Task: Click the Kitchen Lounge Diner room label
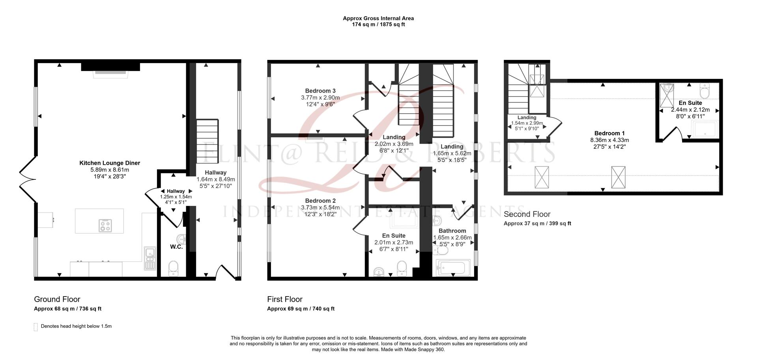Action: pyautogui.click(x=109, y=163)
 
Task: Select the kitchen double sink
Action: pyautogui.click(x=150, y=258)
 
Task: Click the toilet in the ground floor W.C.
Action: pyautogui.click(x=173, y=269)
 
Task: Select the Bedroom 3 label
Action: pyautogui.click(x=320, y=91)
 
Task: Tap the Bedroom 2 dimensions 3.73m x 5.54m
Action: pyautogui.click(x=320, y=207)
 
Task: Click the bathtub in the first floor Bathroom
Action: pyautogui.click(x=453, y=269)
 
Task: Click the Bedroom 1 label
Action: pyautogui.click(x=609, y=133)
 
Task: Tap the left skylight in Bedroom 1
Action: pyautogui.click(x=541, y=177)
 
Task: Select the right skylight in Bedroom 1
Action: pyautogui.click(x=618, y=177)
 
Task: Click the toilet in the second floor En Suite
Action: pyautogui.click(x=704, y=91)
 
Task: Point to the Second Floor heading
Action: pyautogui.click(x=527, y=214)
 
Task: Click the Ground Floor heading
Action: pyautogui.click(x=57, y=299)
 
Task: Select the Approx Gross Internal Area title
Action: pyautogui.click(x=378, y=18)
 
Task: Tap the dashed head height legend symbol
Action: pyautogui.click(x=36, y=326)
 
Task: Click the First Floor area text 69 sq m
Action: pyautogui.click(x=300, y=309)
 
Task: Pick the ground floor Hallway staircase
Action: pyautogui.click(x=207, y=141)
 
